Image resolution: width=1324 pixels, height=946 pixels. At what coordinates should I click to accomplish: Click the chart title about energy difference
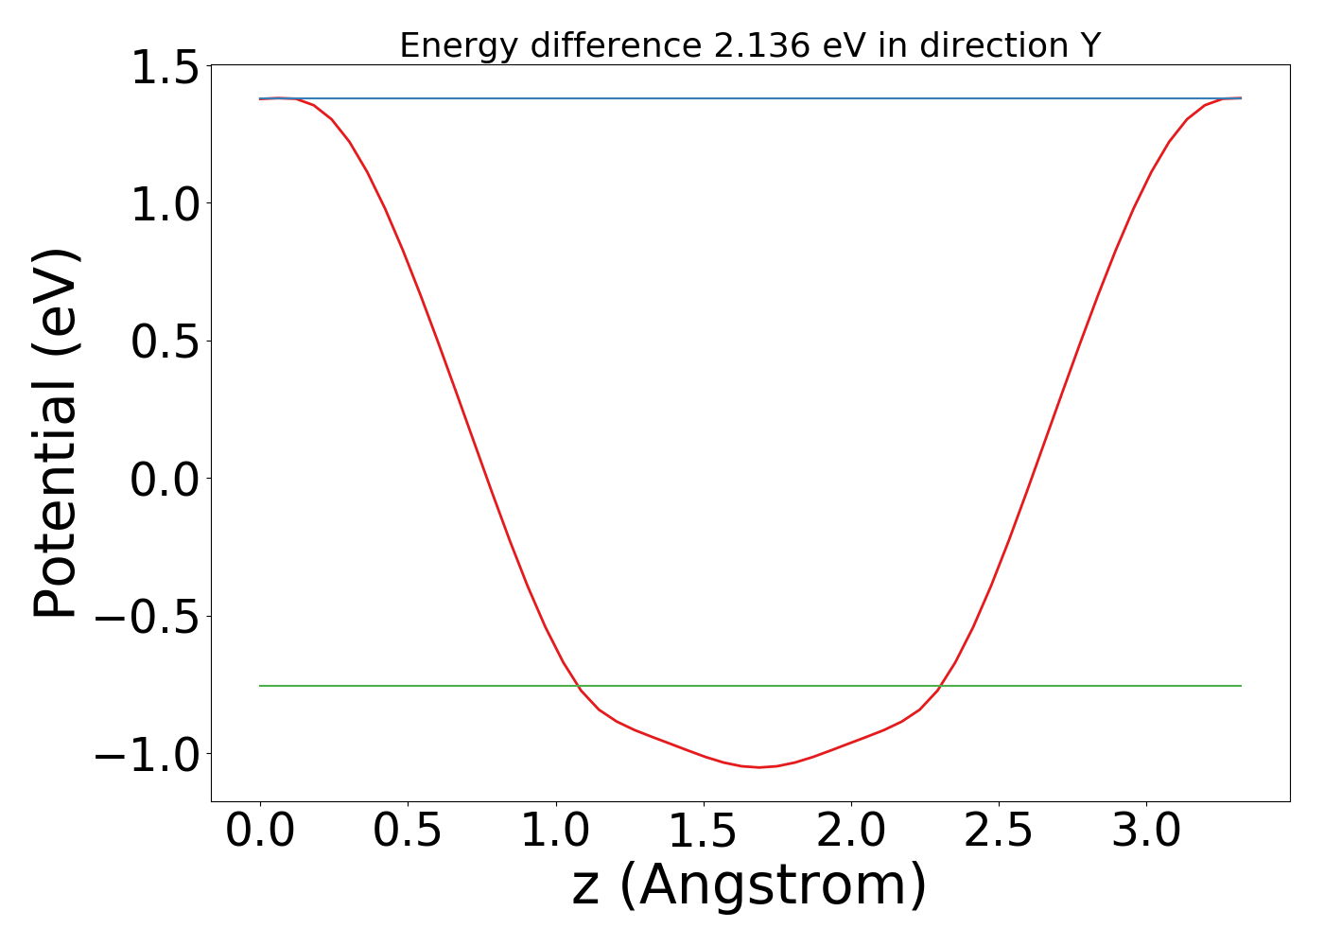click(x=750, y=45)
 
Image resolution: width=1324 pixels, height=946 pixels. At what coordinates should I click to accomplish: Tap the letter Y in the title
click(x=1091, y=45)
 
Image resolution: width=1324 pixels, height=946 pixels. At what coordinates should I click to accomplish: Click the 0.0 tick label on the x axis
click(x=260, y=832)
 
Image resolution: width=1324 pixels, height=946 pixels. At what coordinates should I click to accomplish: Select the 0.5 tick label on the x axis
click(x=408, y=832)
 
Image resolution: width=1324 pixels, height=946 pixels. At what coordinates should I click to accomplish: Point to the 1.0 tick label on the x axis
click(x=555, y=832)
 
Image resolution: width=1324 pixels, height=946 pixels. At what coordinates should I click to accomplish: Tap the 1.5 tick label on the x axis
click(x=703, y=832)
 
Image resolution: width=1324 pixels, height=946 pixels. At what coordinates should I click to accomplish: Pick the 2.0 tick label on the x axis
click(x=850, y=832)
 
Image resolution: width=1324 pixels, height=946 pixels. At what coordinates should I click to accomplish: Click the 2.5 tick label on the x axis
click(x=999, y=832)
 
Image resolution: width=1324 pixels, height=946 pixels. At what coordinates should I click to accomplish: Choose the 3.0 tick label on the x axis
click(x=1146, y=832)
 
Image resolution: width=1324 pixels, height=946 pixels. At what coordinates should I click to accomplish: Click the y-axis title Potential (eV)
click(x=56, y=433)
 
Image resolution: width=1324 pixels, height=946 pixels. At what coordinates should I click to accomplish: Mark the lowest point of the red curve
click(x=758, y=767)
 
